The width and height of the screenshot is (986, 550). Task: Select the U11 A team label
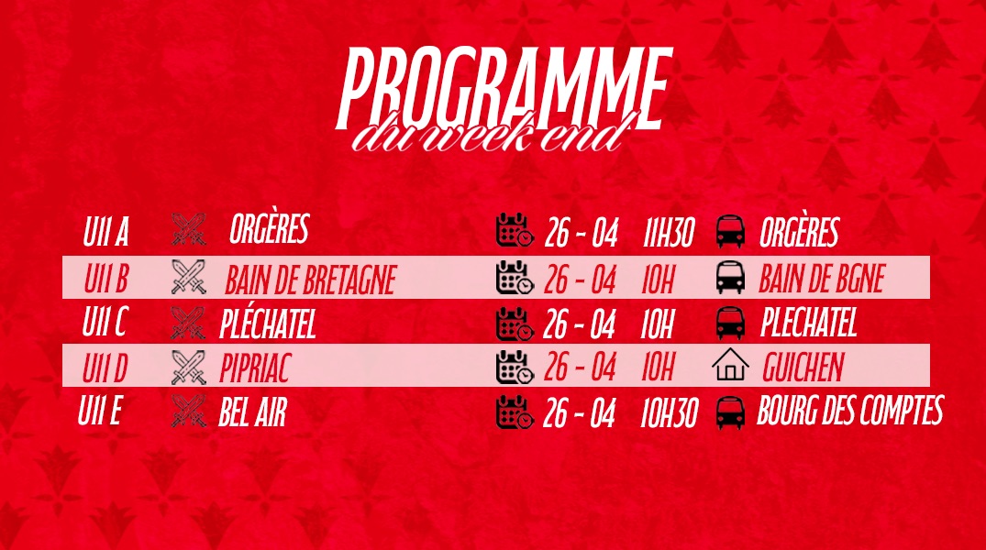click(105, 231)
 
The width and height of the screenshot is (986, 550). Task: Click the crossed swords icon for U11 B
click(188, 277)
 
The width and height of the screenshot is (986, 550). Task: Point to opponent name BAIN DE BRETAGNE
click(310, 280)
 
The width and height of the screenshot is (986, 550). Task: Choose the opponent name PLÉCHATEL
click(267, 324)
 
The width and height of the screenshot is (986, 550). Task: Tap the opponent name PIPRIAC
click(255, 368)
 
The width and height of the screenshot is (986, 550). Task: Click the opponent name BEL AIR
click(252, 412)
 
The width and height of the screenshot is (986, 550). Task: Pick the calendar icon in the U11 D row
click(515, 367)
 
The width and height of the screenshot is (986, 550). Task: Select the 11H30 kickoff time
click(669, 234)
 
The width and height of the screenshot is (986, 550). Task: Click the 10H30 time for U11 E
click(669, 414)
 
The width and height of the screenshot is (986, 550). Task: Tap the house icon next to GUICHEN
click(731, 365)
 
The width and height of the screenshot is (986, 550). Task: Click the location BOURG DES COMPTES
click(849, 410)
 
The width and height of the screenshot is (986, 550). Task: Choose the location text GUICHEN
click(803, 367)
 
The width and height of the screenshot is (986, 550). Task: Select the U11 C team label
click(105, 322)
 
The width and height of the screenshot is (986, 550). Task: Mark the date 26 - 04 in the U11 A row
click(581, 233)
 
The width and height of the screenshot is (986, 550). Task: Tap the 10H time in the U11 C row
click(657, 324)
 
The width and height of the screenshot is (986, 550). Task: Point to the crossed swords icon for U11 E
click(188, 411)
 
